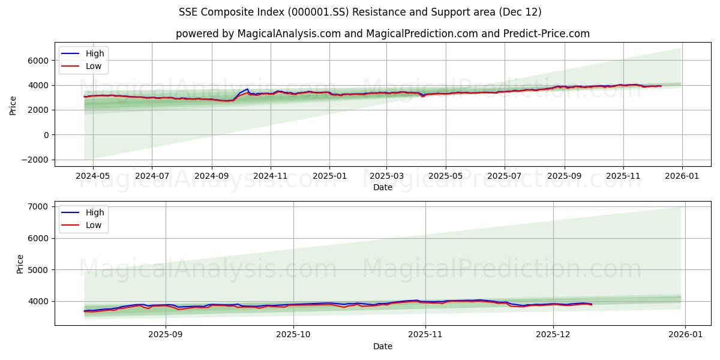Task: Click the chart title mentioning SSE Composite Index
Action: click(360, 12)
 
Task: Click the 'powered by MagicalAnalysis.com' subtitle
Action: click(383, 34)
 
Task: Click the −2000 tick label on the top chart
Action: click(34, 160)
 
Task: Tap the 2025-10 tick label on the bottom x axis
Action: click(294, 335)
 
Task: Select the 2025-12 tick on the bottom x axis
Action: click(553, 335)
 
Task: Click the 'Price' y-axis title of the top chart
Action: click(13, 104)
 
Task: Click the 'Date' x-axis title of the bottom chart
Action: click(383, 346)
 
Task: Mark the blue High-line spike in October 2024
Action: click(247, 89)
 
